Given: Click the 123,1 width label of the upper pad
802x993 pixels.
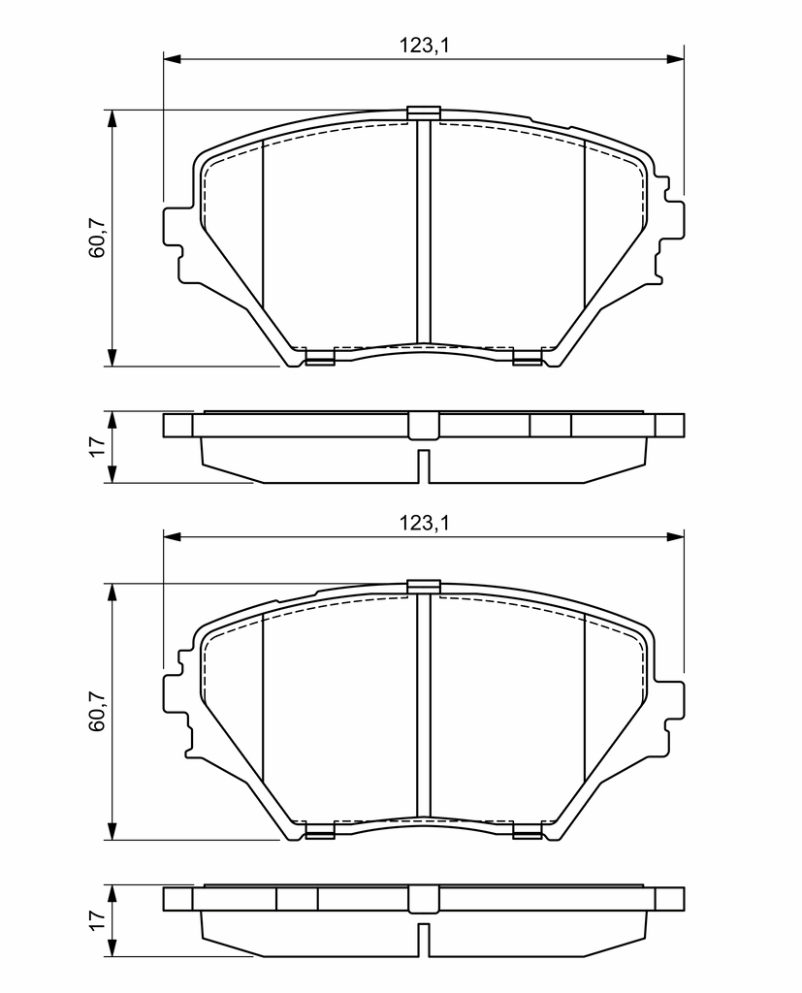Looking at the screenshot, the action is pyautogui.click(x=423, y=46).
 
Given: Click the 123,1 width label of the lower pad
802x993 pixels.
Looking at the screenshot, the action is pyautogui.click(x=423, y=523).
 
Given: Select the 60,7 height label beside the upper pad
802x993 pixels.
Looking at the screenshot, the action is pyautogui.click(x=97, y=238).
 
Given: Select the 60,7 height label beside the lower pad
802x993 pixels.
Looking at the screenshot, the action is pyautogui.click(x=97, y=711).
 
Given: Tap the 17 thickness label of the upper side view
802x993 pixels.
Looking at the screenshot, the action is pyautogui.click(x=97, y=446).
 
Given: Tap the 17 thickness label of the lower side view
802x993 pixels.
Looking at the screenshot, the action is pyautogui.click(x=97, y=920).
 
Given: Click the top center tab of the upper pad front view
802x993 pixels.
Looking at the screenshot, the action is pyautogui.click(x=423, y=112).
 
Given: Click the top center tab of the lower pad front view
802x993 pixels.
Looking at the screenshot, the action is pyautogui.click(x=423, y=587).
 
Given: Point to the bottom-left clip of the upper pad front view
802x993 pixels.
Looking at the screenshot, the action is pyautogui.click(x=320, y=358).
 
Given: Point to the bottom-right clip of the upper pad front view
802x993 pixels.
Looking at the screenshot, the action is pyautogui.click(x=527, y=358).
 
